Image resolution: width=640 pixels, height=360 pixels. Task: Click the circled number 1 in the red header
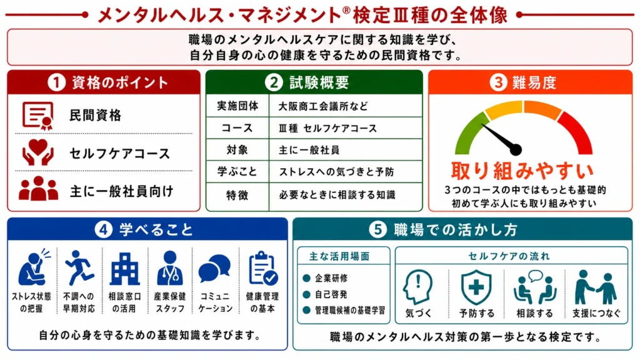point(56,82)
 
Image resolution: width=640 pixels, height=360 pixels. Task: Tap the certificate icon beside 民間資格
point(37,116)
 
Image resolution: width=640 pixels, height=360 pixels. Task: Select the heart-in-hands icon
point(37,152)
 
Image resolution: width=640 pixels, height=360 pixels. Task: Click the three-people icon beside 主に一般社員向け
point(38,189)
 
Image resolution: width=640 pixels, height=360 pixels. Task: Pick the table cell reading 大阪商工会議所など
point(323,106)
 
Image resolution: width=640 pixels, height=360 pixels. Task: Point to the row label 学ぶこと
point(237,171)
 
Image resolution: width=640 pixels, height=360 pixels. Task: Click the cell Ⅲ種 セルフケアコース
point(327,128)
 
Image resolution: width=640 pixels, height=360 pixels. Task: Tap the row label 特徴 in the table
point(237,195)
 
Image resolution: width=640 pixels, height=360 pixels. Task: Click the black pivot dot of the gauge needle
point(516,150)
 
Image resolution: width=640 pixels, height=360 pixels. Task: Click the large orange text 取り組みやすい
point(522,171)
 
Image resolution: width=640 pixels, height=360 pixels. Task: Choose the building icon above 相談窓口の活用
point(124,269)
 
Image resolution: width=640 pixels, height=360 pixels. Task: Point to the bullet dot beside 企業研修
point(306,278)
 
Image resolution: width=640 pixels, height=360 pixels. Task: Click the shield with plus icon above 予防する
point(476,286)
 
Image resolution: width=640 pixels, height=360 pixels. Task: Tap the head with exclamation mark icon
point(417,286)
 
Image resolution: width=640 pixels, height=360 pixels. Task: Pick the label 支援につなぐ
point(596,314)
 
